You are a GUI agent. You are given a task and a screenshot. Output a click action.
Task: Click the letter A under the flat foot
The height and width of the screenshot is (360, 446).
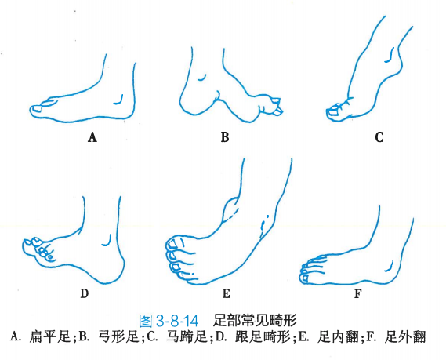(92, 137)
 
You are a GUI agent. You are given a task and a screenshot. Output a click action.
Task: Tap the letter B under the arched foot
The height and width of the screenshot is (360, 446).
(225, 137)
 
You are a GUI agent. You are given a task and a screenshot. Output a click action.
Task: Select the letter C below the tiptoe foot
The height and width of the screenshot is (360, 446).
(379, 137)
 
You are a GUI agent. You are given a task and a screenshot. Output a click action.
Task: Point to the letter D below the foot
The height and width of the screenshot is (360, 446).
(85, 293)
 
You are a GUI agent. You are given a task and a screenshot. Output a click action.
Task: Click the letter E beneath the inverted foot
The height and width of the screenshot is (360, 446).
(226, 293)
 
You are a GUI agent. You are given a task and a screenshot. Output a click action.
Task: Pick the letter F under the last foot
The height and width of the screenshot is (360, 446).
(357, 293)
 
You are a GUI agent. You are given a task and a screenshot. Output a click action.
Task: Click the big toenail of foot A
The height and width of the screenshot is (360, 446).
(38, 108)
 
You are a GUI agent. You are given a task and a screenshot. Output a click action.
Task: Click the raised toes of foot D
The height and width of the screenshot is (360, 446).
(38, 249)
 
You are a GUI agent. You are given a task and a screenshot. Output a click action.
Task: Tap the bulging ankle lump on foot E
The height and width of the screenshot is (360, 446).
(231, 210)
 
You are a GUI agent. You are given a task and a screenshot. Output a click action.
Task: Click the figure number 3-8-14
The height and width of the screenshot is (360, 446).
(177, 322)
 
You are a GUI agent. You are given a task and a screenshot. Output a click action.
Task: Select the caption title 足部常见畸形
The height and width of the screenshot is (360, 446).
(255, 321)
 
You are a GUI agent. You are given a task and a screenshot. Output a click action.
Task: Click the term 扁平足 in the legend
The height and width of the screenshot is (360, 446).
(50, 337)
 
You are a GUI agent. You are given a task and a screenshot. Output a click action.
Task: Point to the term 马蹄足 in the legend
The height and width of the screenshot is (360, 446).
(187, 337)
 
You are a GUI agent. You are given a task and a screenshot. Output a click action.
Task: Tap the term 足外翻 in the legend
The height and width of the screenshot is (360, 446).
(405, 337)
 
